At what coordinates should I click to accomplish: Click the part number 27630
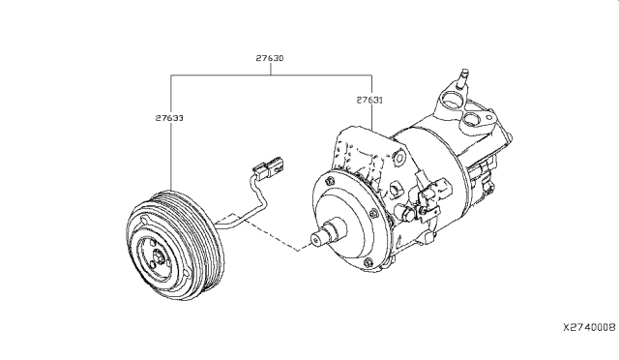tap(269, 59)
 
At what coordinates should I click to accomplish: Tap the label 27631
tap(368, 99)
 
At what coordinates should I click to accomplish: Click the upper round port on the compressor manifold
tap(450, 98)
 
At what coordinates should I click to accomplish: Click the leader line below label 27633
tap(171, 155)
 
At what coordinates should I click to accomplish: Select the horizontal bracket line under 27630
tap(271, 74)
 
